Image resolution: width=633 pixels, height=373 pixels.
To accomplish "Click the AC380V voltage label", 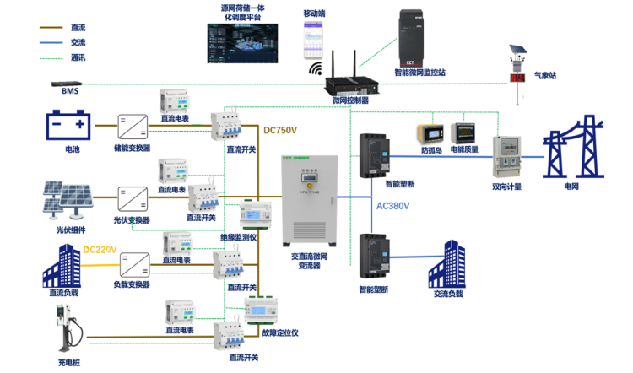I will click(392, 205).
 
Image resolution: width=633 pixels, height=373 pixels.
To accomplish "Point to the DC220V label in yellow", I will click(100, 250).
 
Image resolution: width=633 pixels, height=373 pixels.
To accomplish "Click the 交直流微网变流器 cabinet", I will click(311, 203).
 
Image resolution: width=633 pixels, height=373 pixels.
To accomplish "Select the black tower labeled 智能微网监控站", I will click(419, 38).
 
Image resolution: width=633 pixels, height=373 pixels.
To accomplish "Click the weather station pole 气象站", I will click(515, 72).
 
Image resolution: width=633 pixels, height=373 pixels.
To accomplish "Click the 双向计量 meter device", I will click(508, 157).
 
